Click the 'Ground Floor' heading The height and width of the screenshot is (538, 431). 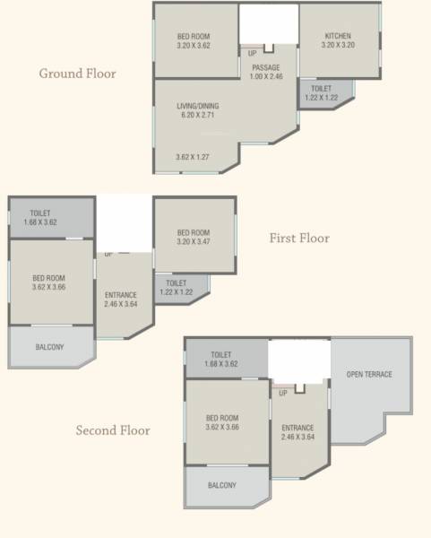(x=77, y=74)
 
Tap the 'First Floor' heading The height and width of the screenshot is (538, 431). (x=299, y=239)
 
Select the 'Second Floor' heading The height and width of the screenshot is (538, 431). (x=113, y=430)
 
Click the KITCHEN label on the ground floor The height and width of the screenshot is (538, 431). (x=338, y=37)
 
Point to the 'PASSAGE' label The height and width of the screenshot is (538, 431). (x=266, y=67)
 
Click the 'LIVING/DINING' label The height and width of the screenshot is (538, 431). (x=198, y=106)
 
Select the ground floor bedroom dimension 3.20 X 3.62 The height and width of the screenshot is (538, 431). (x=194, y=46)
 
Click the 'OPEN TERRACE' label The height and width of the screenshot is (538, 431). (x=369, y=374)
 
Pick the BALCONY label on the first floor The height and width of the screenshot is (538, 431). (x=49, y=347)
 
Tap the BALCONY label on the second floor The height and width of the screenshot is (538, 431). (x=222, y=485)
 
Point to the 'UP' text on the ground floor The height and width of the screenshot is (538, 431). (x=252, y=54)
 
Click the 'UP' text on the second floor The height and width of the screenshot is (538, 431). (x=283, y=393)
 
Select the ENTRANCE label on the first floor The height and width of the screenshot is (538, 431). (x=120, y=294)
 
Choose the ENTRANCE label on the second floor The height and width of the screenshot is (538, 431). (x=297, y=428)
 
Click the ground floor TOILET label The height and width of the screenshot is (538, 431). (x=321, y=89)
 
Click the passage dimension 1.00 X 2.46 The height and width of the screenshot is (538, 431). (x=266, y=77)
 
